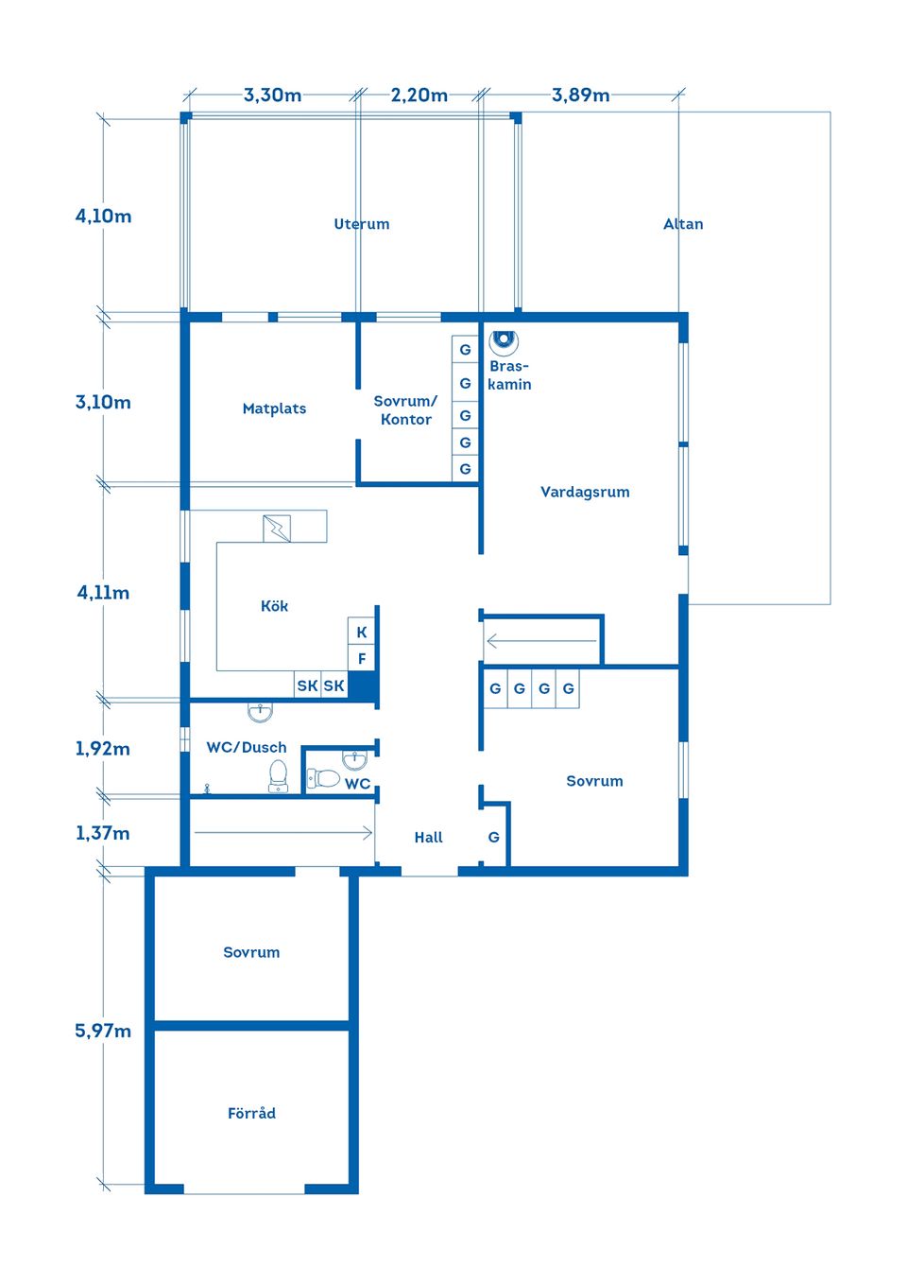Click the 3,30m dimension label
tap(272, 95)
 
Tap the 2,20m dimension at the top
tap(419, 95)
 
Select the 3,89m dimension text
tap(581, 95)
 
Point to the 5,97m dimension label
tap(103, 1032)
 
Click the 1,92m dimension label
tap(103, 749)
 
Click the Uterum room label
tap(361, 223)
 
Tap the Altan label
tap(683, 223)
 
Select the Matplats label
tap(274, 408)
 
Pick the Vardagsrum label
tap(585, 492)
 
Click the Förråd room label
tap(251, 1113)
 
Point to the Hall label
tap(428, 838)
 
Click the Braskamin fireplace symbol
tap(504, 340)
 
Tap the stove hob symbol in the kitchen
tap(277, 529)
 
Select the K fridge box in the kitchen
tap(361, 632)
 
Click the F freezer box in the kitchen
tap(361, 658)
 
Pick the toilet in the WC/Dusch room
tap(279, 775)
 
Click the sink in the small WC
tap(354, 760)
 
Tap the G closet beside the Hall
tap(493, 838)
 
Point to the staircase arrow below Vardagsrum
tap(541, 640)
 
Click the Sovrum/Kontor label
tap(405, 409)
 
